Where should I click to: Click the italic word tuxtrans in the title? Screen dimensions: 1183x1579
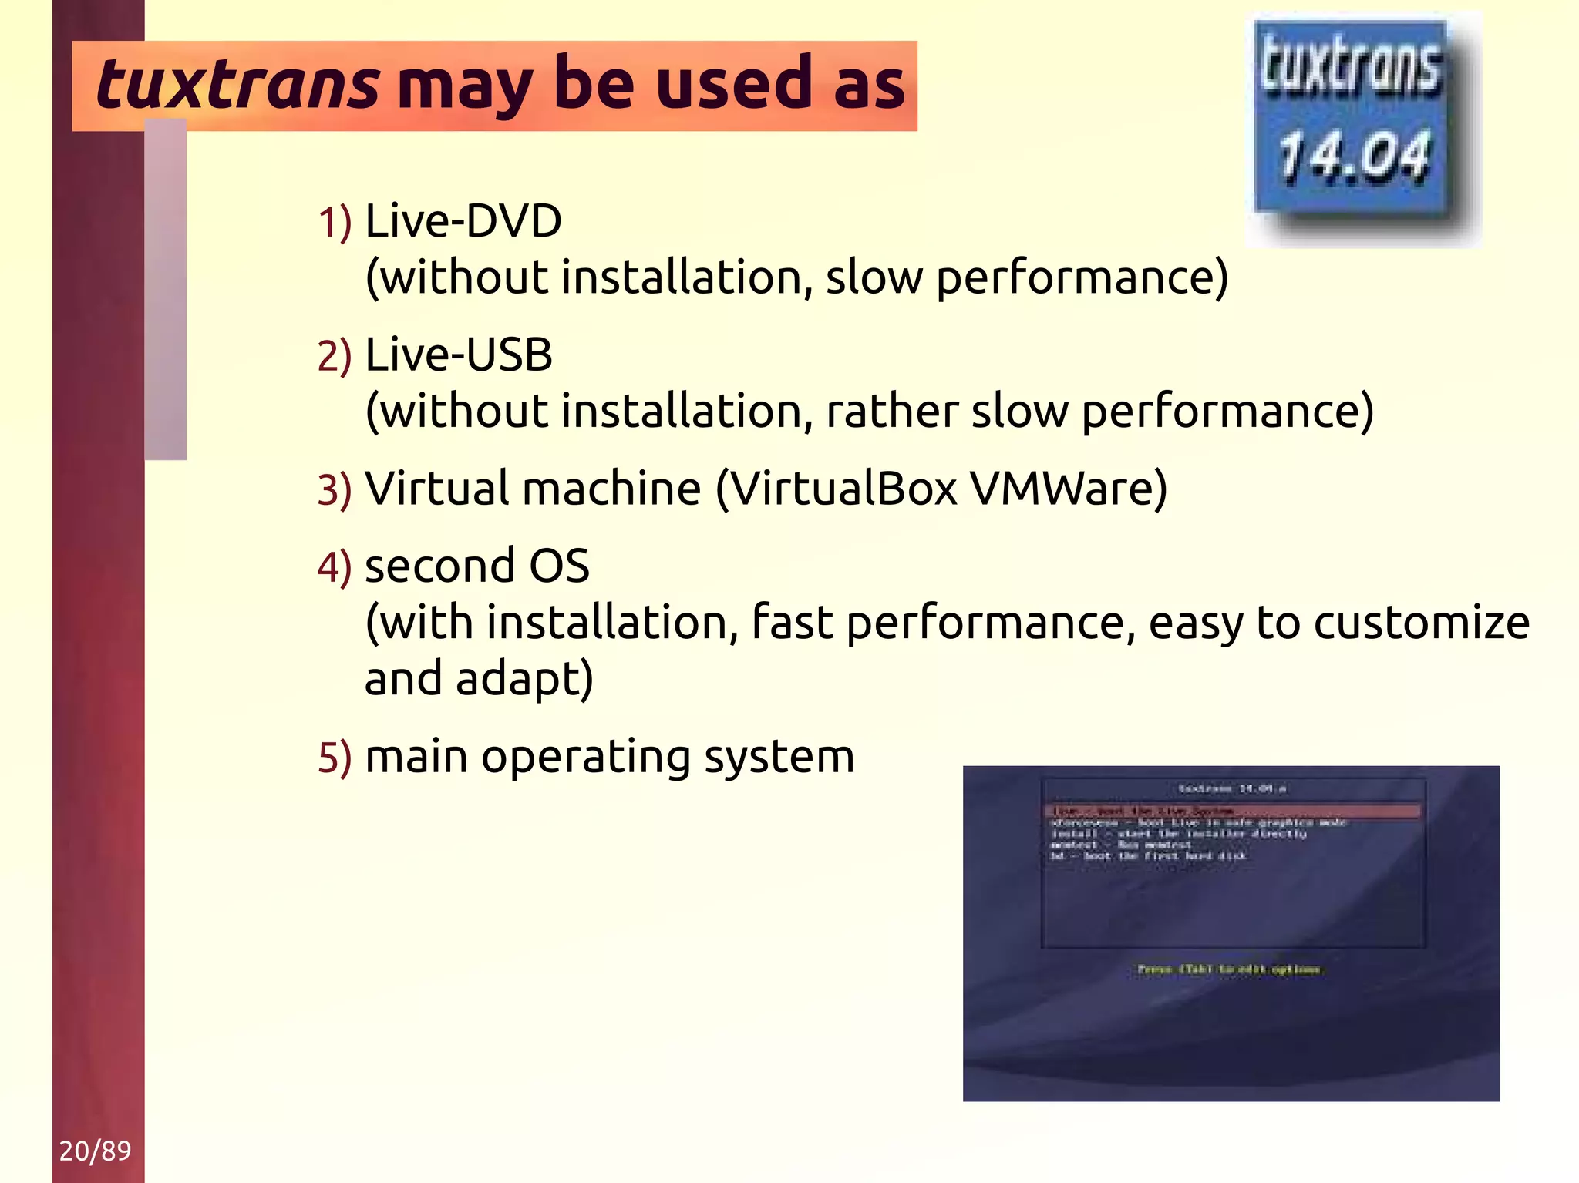237,85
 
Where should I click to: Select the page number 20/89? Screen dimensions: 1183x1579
95,1151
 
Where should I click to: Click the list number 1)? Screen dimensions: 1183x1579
335,223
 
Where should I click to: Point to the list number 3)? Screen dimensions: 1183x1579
335,491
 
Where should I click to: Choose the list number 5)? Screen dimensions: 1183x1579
335,758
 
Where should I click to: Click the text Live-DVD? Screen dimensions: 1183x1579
463,221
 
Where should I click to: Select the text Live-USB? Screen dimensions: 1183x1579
459,355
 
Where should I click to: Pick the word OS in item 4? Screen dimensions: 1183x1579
559,566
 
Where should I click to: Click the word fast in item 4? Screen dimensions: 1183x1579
792,623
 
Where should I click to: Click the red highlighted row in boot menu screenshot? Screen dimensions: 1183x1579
1231,811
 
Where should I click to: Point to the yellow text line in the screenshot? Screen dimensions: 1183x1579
1229,970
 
